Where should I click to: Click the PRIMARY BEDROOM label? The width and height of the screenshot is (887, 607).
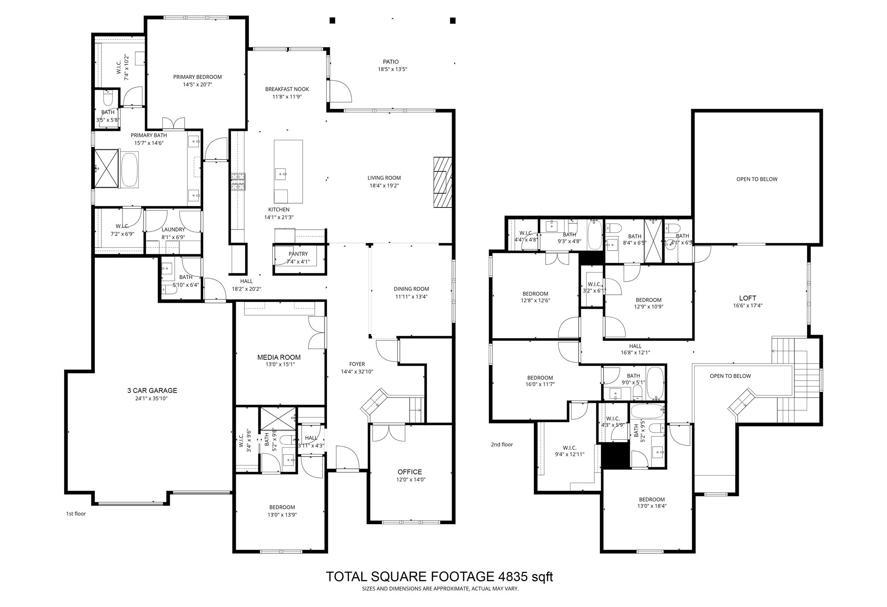point(197,77)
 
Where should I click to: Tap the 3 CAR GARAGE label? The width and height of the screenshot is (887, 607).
point(152,390)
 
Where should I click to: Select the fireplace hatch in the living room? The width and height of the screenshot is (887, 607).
point(442,182)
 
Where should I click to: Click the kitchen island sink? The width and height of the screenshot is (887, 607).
point(281,173)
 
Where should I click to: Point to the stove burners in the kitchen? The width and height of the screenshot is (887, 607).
point(238,181)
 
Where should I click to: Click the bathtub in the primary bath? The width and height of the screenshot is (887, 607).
point(129,170)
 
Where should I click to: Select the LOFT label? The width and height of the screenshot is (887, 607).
point(747,298)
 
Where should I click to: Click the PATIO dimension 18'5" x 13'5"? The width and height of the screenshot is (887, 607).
point(392,70)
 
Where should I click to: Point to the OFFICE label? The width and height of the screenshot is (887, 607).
point(409,472)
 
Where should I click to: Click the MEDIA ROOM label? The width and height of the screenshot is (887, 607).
point(279,357)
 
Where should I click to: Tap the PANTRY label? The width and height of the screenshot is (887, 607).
point(298,254)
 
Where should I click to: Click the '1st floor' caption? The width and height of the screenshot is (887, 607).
point(76,514)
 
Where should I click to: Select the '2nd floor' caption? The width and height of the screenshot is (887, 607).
point(502,445)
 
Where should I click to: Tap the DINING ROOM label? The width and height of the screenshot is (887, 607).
point(411,289)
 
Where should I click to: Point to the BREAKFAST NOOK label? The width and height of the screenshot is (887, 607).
point(287,89)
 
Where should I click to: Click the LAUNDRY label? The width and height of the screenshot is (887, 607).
point(173,229)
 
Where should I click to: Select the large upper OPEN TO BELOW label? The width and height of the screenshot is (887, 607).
point(757,179)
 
